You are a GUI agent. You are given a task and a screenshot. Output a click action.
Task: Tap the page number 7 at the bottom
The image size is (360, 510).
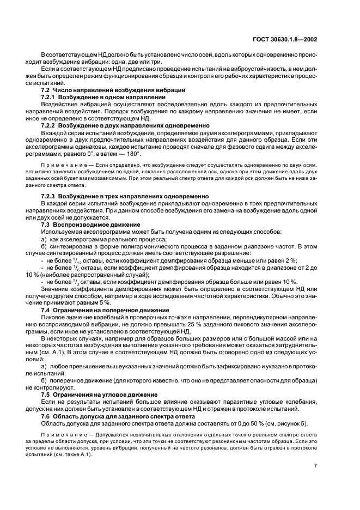pyautogui.click(x=315, y=466)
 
